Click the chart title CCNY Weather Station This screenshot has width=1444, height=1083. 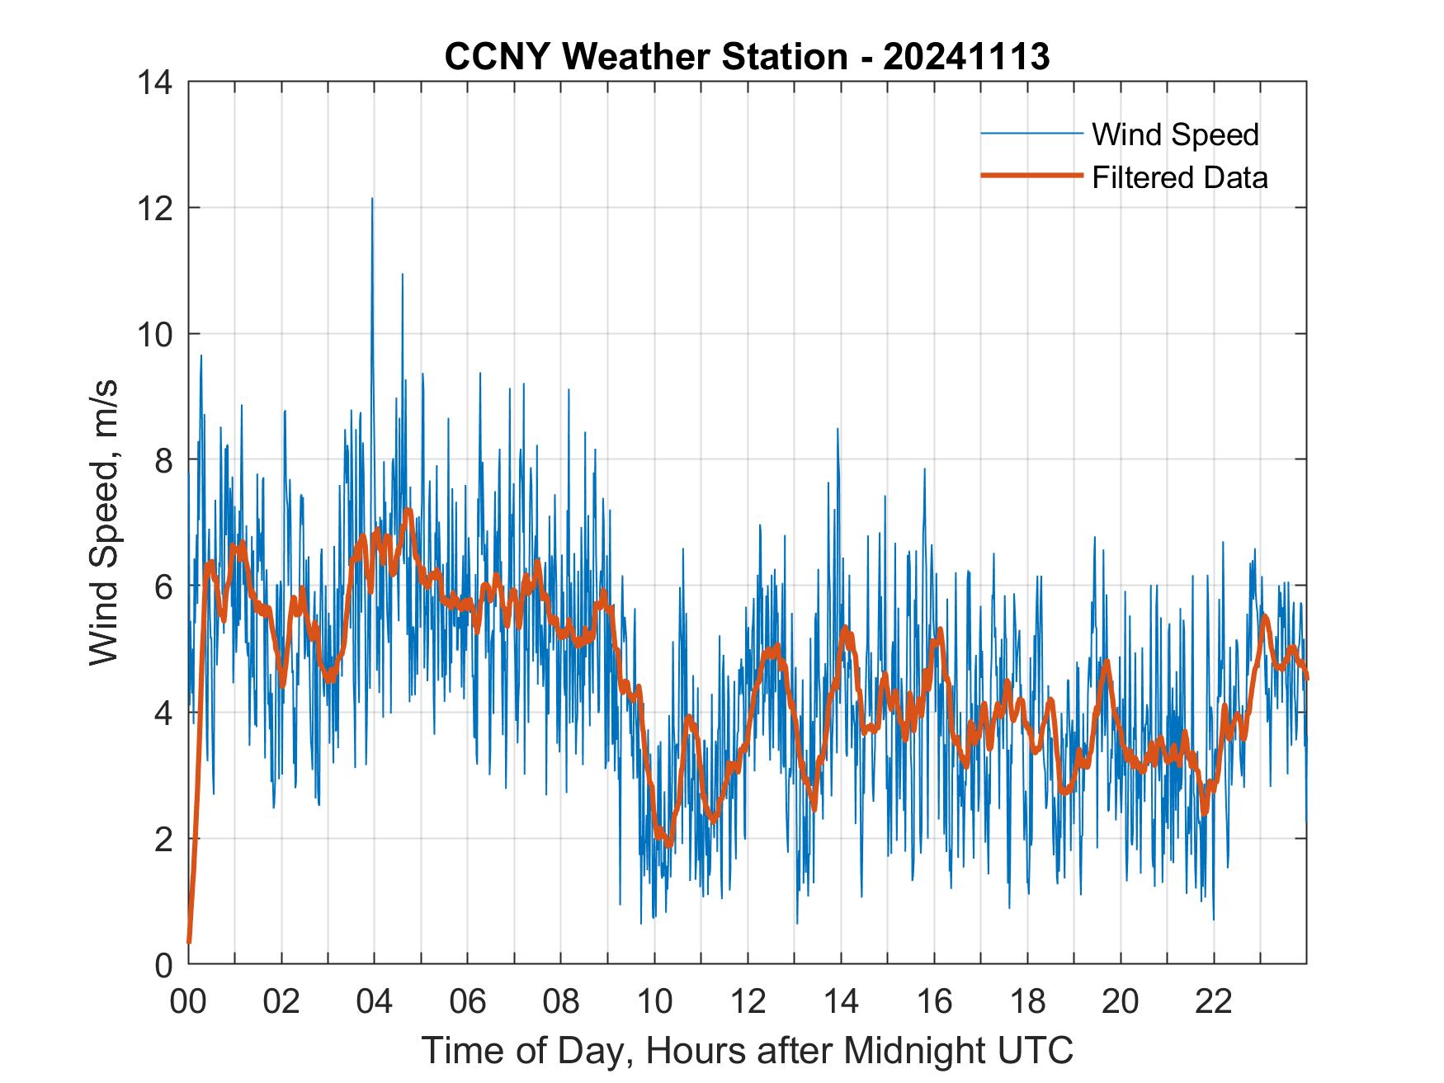coord(645,57)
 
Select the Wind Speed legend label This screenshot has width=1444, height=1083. coord(1175,134)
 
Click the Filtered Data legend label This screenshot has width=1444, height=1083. coord(1179,177)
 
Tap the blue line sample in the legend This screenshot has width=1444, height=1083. coord(1031,134)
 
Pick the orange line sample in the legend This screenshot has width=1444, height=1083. coord(1031,177)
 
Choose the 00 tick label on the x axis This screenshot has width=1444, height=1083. coord(188,1002)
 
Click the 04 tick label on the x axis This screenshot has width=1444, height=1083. coord(375,1002)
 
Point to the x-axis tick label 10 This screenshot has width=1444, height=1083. coord(654,1002)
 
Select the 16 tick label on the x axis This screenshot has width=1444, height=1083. coord(934,1002)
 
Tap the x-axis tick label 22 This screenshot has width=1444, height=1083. coord(1214,1002)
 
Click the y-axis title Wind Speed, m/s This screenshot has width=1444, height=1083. coord(105,521)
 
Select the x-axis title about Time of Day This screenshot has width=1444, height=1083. coord(747,1051)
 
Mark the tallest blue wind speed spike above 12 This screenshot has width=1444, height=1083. coord(372,199)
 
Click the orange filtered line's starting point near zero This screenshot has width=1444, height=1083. coord(189,941)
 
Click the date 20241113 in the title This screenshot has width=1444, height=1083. coord(966,57)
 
